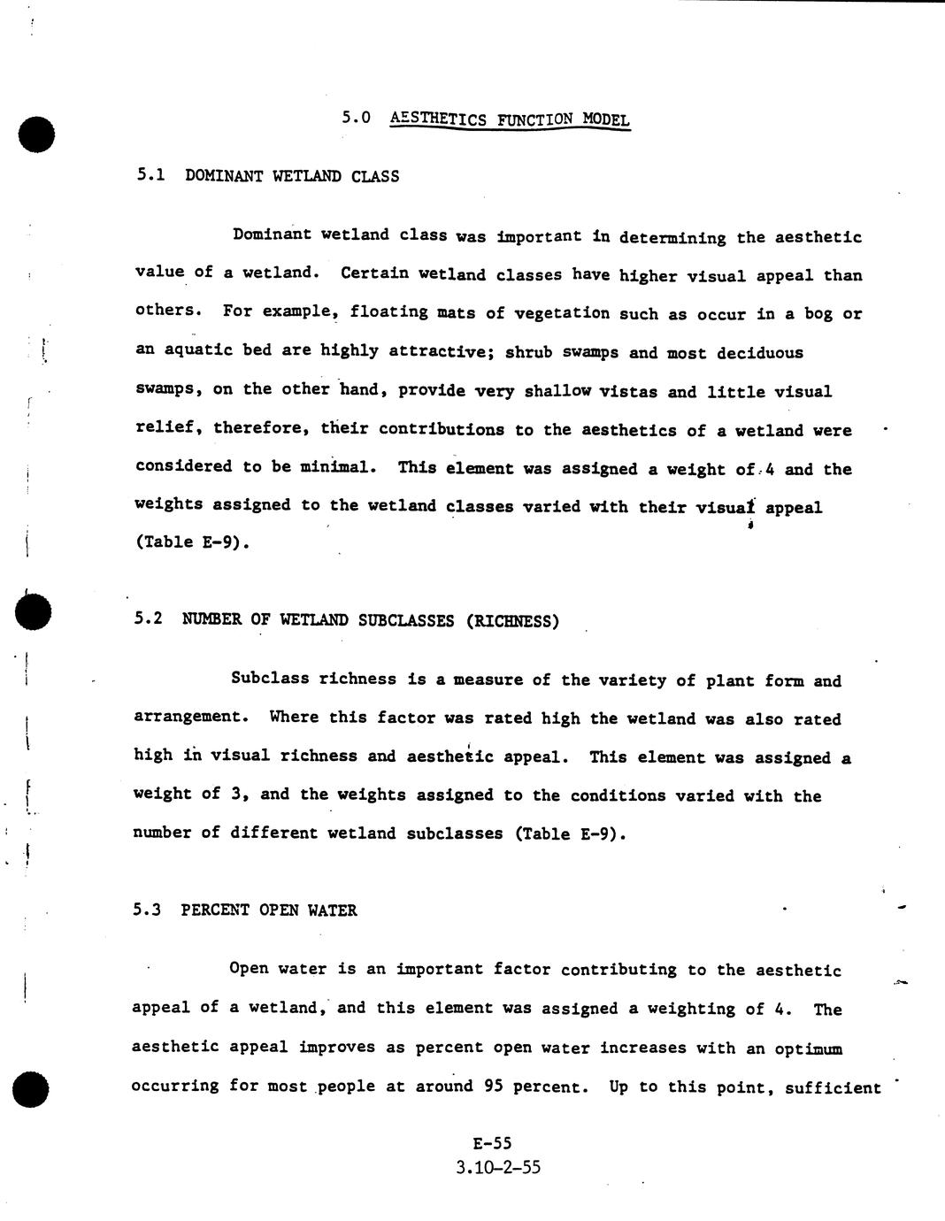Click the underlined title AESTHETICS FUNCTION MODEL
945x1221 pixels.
(x=510, y=119)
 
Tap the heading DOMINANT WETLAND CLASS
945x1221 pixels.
(x=292, y=176)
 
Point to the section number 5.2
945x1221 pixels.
(x=148, y=618)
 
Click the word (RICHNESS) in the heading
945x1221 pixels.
(x=512, y=621)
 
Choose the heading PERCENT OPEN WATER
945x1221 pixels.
(x=269, y=910)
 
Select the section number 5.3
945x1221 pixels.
(x=146, y=910)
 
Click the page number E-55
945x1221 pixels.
(x=492, y=1143)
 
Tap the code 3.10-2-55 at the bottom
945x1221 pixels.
(x=498, y=1167)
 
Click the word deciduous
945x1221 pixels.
(x=760, y=353)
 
